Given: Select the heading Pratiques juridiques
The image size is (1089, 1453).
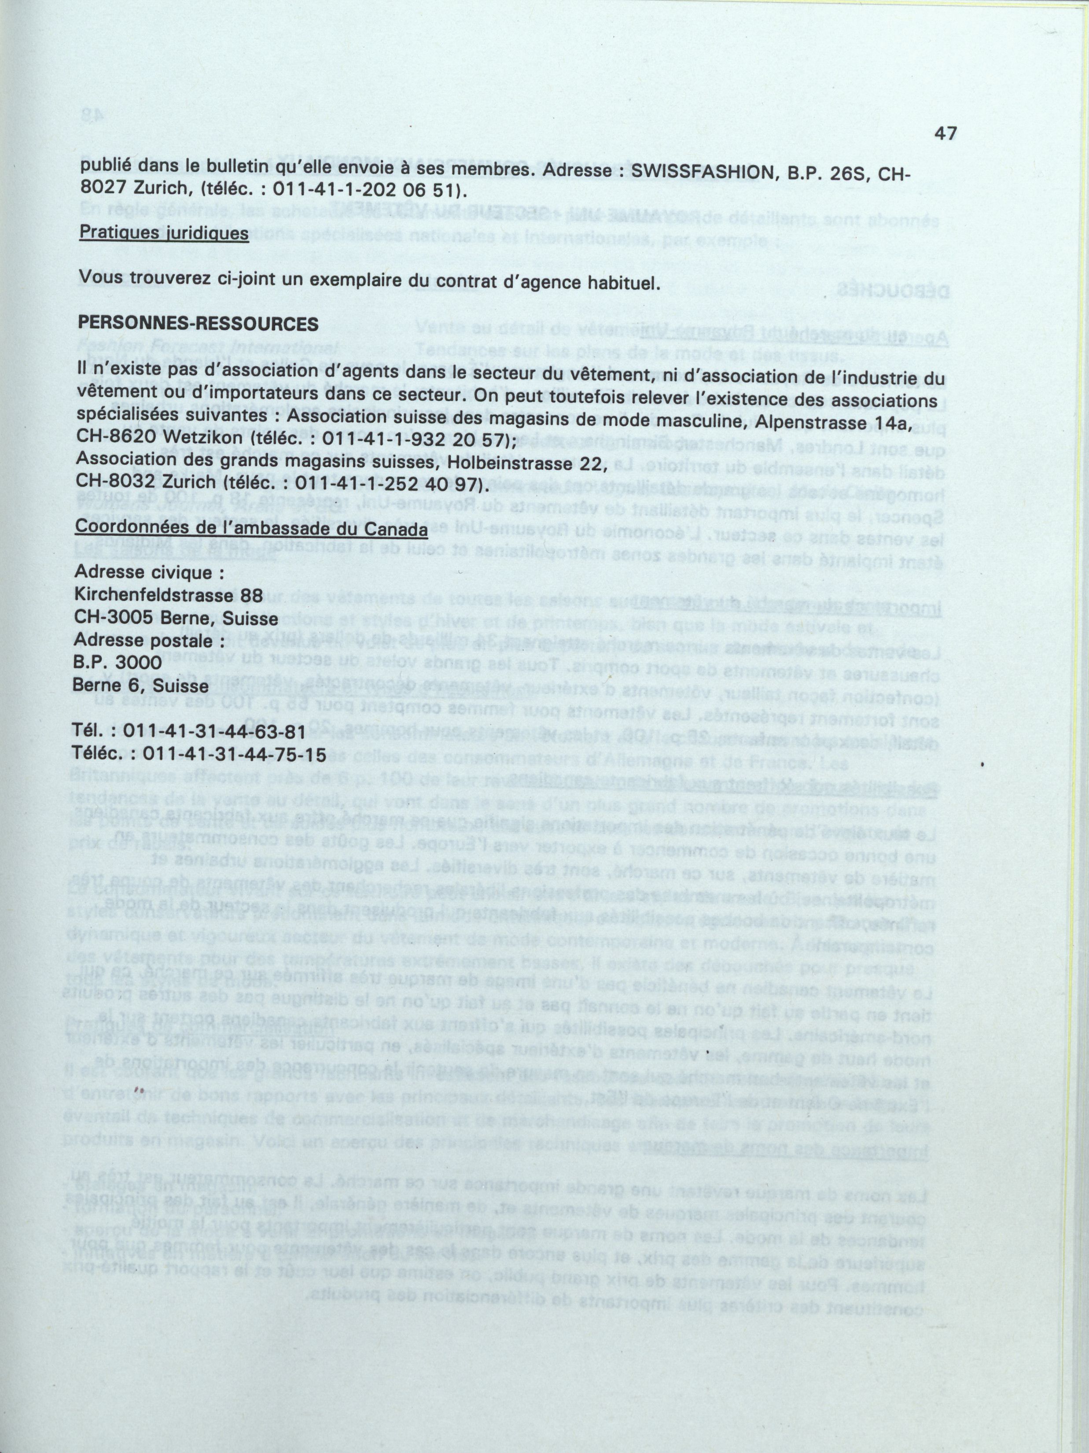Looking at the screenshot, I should point(164,233).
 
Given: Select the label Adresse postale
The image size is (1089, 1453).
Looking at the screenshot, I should point(151,640).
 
